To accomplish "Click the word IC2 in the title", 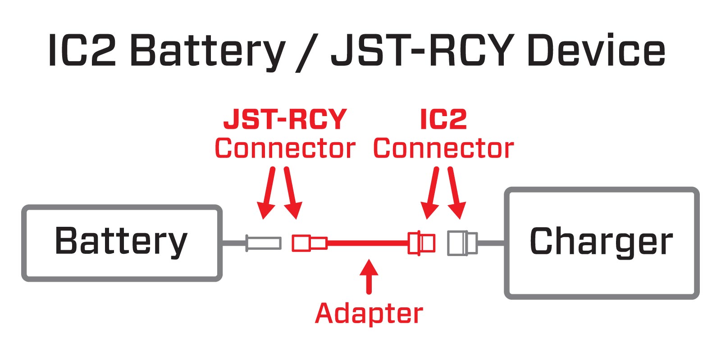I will pos(82,50).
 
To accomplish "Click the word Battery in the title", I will pos(207,50).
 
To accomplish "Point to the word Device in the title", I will pos(596,50).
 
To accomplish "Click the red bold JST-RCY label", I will pos(285,119).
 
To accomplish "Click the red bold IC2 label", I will pos(443,119).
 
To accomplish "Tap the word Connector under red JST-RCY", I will pos(285,148).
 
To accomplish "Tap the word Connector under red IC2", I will pos(443,148).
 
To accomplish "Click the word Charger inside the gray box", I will pos(601,242).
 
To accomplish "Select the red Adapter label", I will pos(369,314).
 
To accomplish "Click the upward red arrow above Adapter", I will pos(369,275).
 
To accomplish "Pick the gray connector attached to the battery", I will pos(264,243).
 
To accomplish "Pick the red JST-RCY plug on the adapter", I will pos(309,243).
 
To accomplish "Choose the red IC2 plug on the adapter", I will pos(421,243).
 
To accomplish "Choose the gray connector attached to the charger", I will pos(462,243).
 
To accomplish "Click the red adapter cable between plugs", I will pos(367,243).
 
